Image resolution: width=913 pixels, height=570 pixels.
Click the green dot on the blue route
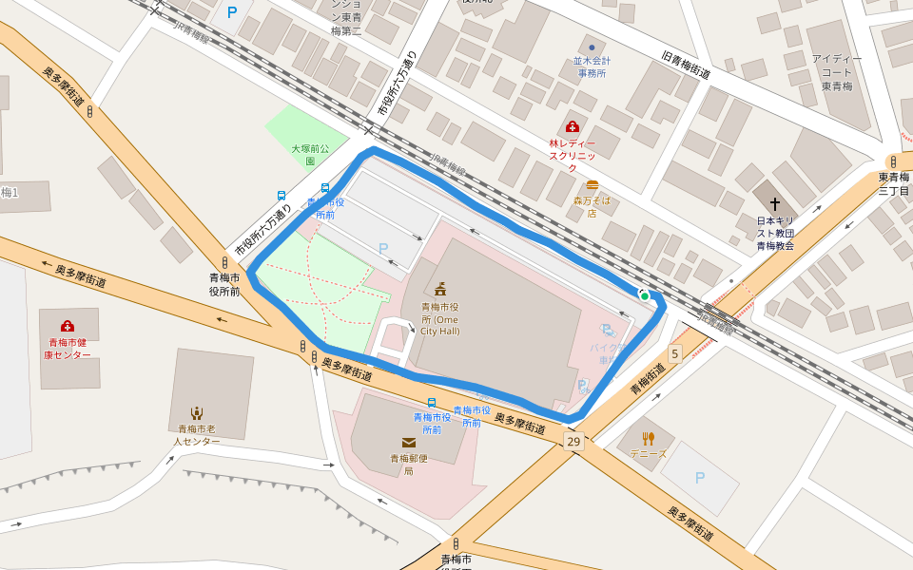(645, 296)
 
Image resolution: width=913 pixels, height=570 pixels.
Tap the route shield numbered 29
(573, 441)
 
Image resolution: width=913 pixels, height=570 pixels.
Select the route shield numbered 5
(675, 354)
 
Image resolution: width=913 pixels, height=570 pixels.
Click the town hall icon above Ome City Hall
(440, 289)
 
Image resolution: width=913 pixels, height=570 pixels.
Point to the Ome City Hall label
(439, 318)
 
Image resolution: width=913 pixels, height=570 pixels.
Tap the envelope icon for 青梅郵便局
(408, 443)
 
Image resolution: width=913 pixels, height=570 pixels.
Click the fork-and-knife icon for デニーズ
(649, 438)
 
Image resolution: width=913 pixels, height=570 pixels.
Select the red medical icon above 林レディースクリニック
(572, 126)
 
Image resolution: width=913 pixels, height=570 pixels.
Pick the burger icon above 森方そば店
(592, 185)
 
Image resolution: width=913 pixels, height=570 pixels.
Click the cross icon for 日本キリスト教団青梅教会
(775, 204)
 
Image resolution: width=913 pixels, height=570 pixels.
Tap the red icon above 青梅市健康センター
(67, 326)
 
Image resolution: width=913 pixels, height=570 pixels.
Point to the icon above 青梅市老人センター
(197, 412)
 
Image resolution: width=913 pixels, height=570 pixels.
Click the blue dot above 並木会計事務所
(592, 47)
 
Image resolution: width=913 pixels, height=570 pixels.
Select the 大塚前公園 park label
(309, 155)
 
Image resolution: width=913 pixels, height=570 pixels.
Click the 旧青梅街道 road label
(686, 65)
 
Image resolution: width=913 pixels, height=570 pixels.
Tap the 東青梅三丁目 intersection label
(893, 183)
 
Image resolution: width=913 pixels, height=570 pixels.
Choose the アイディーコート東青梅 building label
(837, 72)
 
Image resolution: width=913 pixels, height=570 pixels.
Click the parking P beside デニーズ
(700, 479)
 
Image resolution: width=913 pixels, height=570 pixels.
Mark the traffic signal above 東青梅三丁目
(893, 161)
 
